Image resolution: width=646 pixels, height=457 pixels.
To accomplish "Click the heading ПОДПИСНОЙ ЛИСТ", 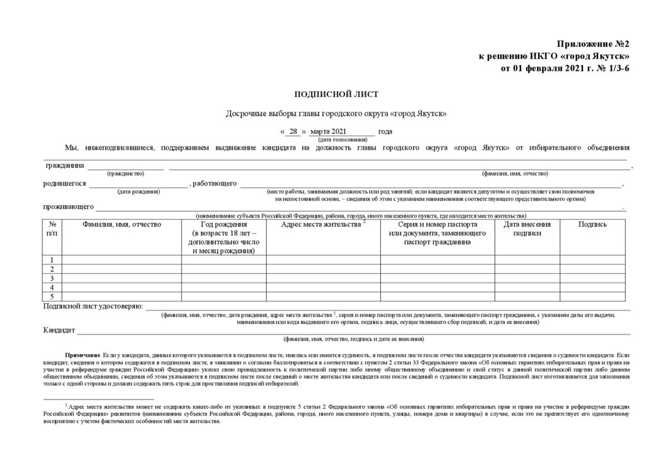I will tap(336, 95).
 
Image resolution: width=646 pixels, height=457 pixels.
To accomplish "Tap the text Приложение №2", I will tap(593, 45).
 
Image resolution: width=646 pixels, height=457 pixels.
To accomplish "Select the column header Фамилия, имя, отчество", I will tap(122, 224).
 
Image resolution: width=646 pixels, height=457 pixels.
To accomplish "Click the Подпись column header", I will tap(592, 224).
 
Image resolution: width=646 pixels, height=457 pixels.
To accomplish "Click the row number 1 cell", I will tap(52, 260).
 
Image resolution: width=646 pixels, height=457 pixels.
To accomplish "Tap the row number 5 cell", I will tap(52, 297).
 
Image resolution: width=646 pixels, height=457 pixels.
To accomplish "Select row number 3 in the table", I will tap(52, 278).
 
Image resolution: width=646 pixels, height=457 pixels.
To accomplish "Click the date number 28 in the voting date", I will tap(293, 131).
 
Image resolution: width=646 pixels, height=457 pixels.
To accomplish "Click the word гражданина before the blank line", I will tap(64, 165).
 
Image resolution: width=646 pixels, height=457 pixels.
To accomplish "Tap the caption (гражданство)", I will tap(126, 173).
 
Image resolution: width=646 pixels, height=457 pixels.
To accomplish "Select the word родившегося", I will tap(65, 184).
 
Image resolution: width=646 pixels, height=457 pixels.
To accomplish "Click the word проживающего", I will tap(69, 206).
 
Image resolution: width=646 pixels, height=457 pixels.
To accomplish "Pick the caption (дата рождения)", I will tap(139, 191).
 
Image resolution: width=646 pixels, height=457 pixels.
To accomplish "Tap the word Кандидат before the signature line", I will tap(59, 330).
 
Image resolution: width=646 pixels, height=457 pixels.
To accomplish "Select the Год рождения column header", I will tap(224, 237).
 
